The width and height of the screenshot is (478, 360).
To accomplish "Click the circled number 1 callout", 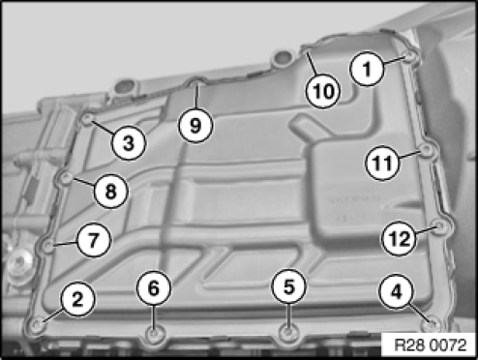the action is tap(368, 69).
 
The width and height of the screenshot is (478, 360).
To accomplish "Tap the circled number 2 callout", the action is tap(77, 299).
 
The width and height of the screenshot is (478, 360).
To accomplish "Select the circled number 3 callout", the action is tap(129, 142).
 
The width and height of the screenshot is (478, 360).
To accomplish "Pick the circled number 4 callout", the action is tap(396, 292).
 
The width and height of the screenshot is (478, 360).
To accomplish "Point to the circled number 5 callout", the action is tap(288, 286).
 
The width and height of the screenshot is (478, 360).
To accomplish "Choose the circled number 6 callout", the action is tap(154, 287).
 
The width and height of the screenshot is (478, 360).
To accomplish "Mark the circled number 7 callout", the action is tap(93, 240).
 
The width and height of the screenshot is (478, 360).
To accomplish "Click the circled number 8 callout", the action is tap(111, 191).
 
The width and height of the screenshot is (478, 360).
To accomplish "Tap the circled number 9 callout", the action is tap(195, 125).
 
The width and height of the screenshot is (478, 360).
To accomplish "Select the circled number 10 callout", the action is tap(323, 91).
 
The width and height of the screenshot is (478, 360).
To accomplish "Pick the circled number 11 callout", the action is tap(382, 163).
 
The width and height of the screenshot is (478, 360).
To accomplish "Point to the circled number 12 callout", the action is tap(399, 239).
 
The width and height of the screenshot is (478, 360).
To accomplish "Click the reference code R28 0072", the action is tap(431, 345).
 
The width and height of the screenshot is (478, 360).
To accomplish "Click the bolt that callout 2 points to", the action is tap(38, 324).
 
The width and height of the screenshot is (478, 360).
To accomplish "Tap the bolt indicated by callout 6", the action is tap(154, 333).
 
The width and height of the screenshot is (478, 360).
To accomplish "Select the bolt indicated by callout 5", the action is tap(287, 332).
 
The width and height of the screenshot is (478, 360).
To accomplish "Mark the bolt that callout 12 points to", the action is tap(439, 225).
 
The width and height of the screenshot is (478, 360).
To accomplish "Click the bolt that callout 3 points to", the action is tap(87, 120).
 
